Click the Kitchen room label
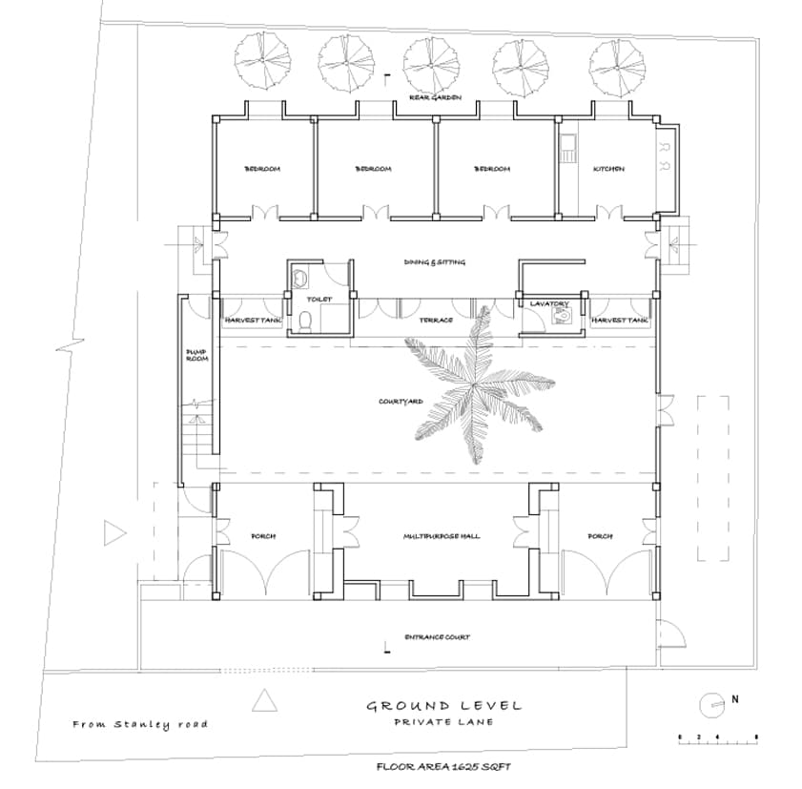point(608,169)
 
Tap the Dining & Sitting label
point(434,262)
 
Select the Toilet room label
point(319,300)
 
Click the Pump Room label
point(195,355)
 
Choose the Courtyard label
point(401,402)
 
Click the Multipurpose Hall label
point(442,536)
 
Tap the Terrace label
point(436,320)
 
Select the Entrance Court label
point(437,636)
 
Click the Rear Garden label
point(436,97)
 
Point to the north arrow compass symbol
point(710,704)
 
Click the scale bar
point(717,737)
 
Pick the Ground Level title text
point(444,706)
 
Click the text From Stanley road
point(140,724)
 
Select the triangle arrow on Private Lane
point(264,703)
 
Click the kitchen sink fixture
point(568,149)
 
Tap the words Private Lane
point(444,722)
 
